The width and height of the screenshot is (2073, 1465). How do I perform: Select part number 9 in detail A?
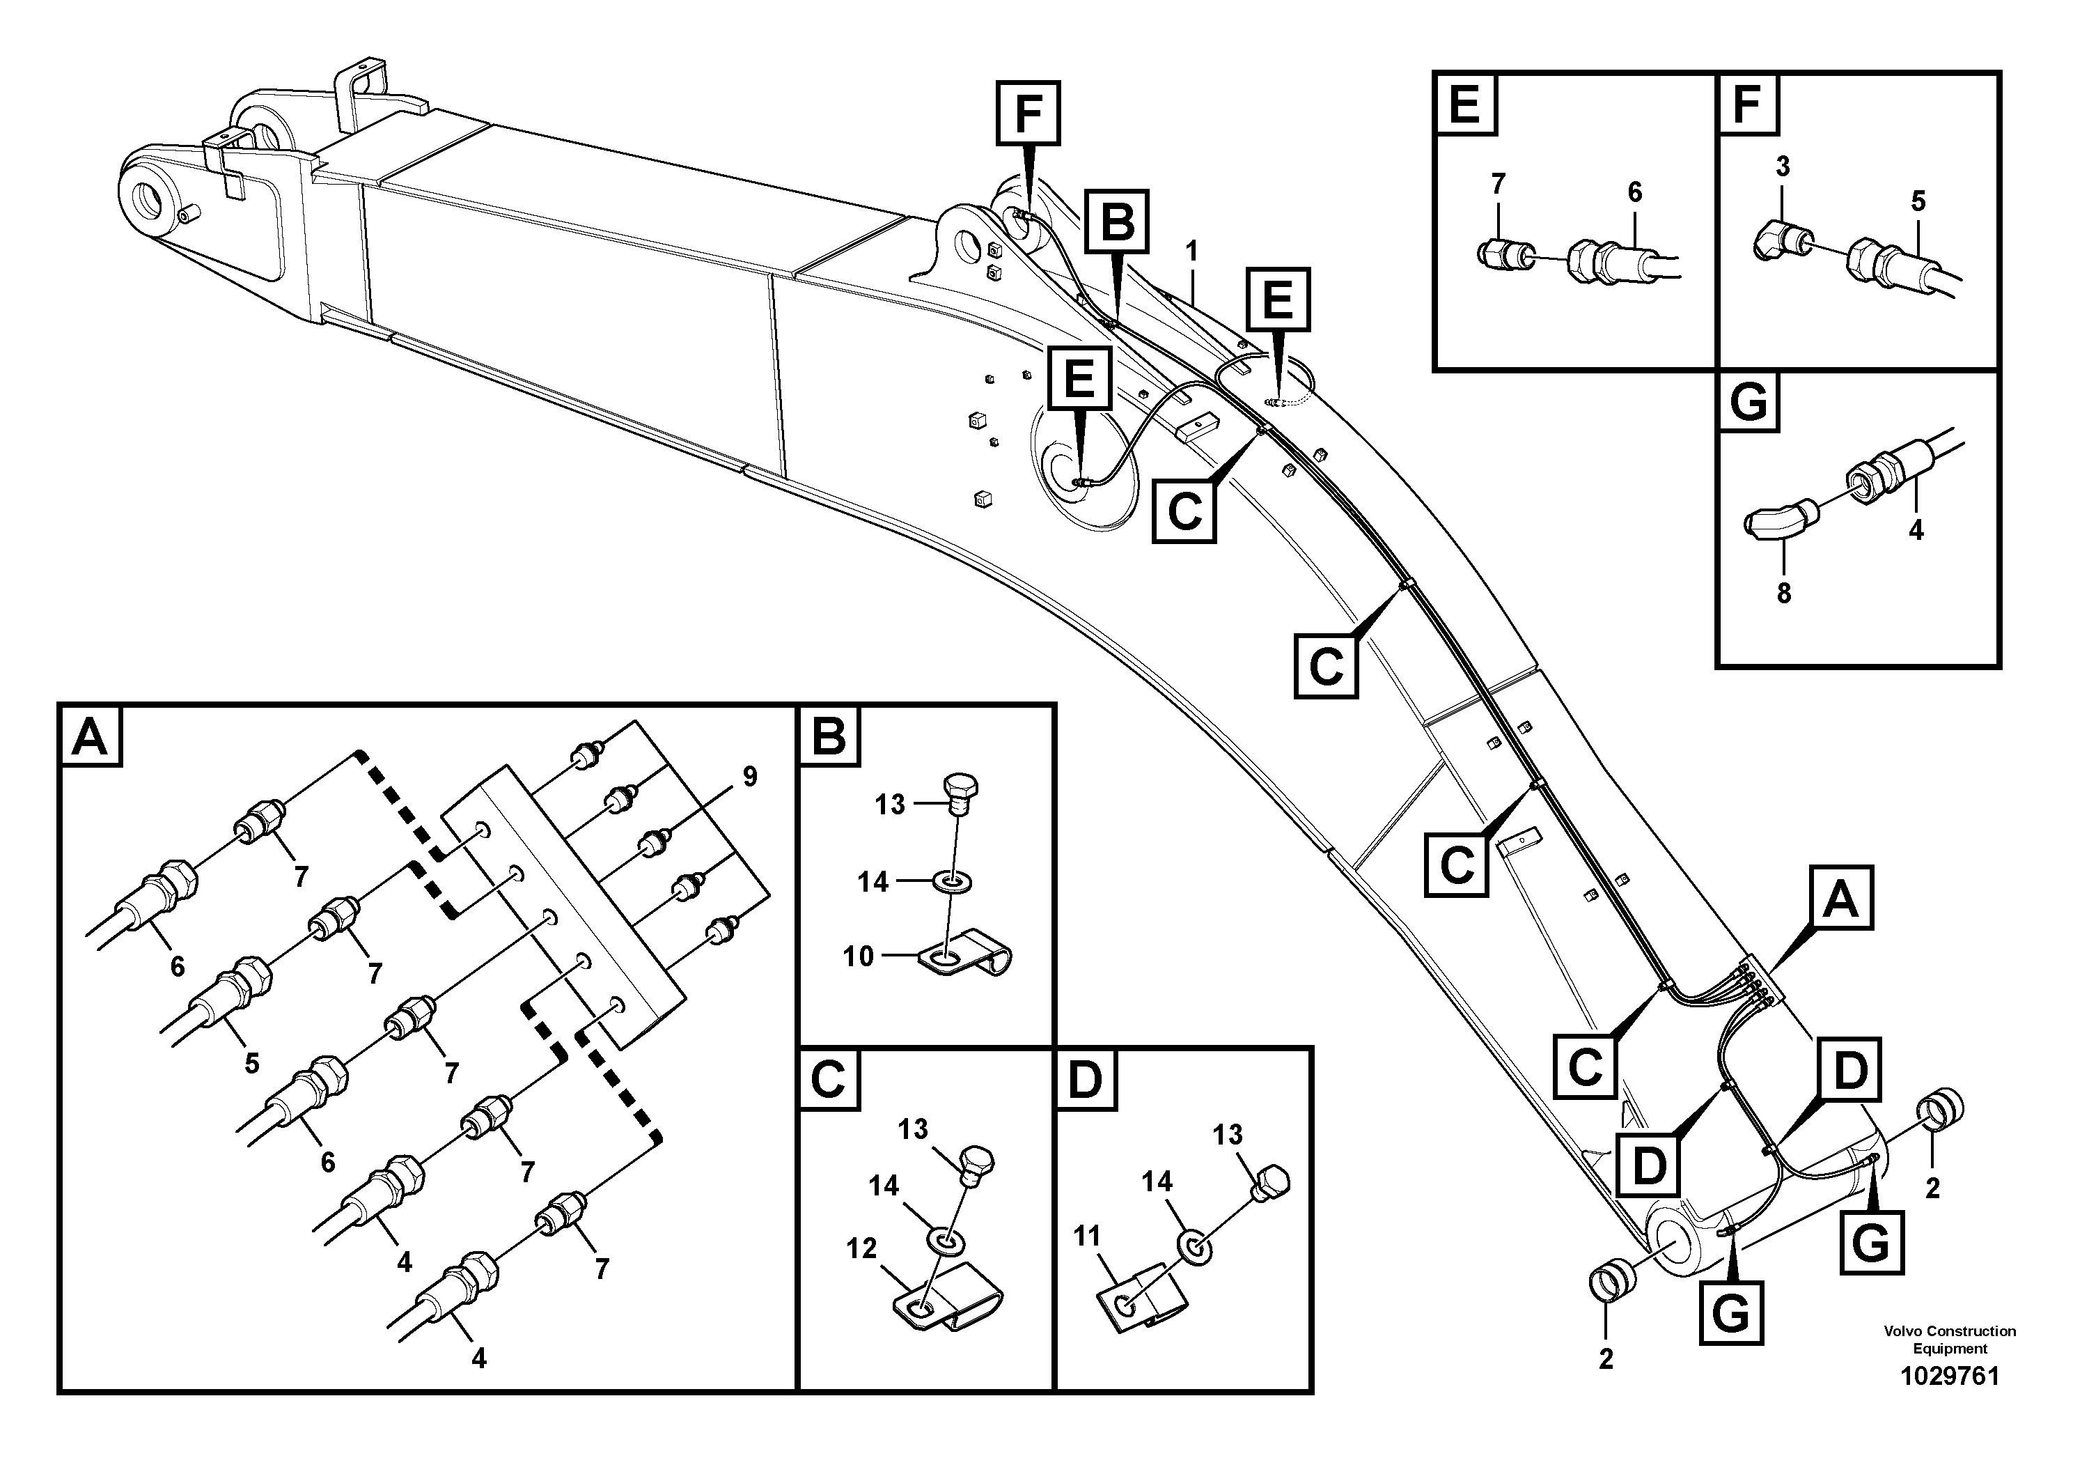point(749,776)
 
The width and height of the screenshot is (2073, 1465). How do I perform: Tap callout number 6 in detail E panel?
point(1634,192)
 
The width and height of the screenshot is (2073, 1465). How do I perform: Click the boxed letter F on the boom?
point(1028,113)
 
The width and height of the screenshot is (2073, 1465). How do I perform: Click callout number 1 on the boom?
point(1192,250)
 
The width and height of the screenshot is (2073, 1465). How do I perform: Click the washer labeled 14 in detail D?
point(1196,1249)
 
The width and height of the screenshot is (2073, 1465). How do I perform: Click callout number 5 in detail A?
point(252,1063)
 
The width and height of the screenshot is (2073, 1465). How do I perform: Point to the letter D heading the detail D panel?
point(1086,1078)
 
